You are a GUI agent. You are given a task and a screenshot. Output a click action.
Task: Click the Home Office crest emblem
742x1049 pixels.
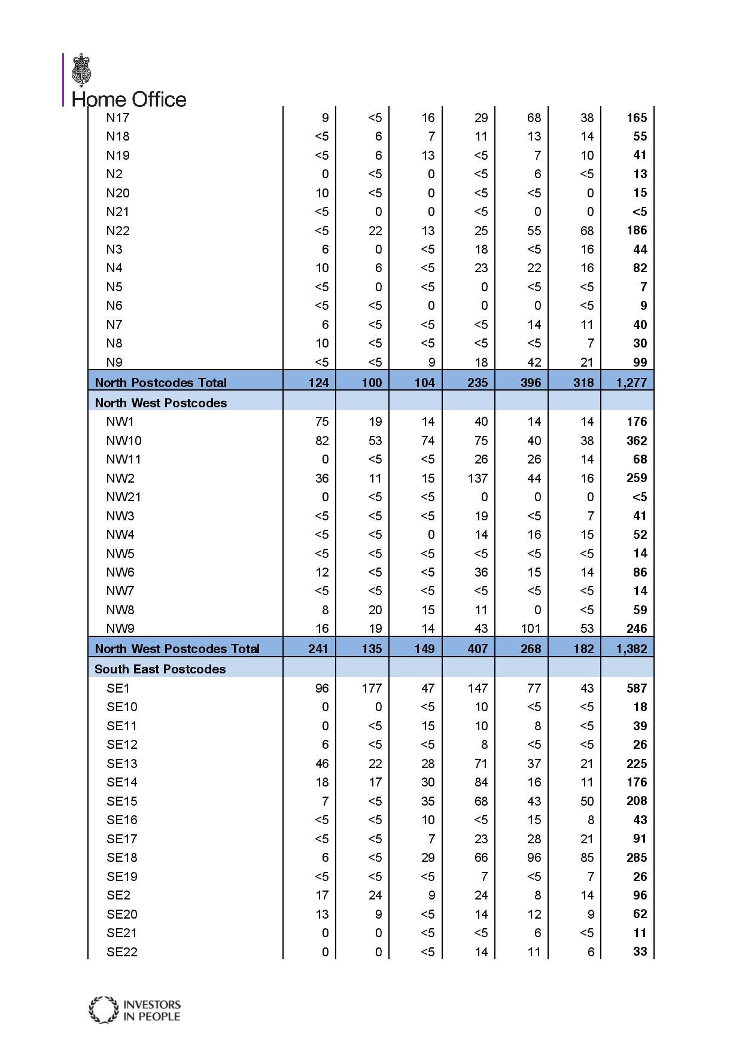pyautogui.click(x=82, y=71)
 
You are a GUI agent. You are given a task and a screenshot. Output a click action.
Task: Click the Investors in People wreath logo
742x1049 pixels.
pyautogui.click(x=104, y=1010)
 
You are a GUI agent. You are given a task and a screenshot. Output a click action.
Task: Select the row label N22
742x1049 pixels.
pyautogui.click(x=118, y=231)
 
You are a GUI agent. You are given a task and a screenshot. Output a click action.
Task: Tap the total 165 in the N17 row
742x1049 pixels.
pyautogui.click(x=637, y=118)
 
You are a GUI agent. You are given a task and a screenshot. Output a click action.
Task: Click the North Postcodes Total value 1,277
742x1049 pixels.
pyautogui.click(x=631, y=383)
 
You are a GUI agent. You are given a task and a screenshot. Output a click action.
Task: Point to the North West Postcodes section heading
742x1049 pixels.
pyautogui.click(x=161, y=403)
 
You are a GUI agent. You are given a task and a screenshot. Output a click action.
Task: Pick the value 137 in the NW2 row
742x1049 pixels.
pyautogui.click(x=478, y=478)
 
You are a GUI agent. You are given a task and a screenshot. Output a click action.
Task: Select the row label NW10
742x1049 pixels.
pyautogui.click(x=124, y=441)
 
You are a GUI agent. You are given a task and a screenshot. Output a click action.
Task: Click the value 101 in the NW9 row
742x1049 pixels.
pyautogui.click(x=531, y=629)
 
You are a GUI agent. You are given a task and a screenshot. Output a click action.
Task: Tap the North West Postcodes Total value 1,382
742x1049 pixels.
pyautogui.click(x=631, y=649)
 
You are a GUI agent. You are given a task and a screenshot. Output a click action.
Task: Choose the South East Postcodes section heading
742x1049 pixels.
pyautogui.click(x=160, y=669)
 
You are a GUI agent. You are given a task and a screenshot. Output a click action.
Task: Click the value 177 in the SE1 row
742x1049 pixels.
pyautogui.click(x=372, y=688)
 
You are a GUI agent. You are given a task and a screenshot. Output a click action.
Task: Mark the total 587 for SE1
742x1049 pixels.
pyautogui.click(x=637, y=688)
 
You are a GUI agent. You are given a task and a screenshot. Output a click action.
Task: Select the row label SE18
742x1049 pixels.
pyautogui.click(x=122, y=858)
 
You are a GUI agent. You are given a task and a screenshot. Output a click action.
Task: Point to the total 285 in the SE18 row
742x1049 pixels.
pyautogui.click(x=637, y=858)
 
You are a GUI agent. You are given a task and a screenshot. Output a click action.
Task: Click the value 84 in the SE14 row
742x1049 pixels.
pyautogui.click(x=481, y=782)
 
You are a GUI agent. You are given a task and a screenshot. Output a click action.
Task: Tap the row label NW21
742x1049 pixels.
pyautogui.click(x=124, y=497)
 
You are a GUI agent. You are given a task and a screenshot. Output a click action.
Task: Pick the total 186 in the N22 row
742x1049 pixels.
pyautogui.click(x=637, y=231)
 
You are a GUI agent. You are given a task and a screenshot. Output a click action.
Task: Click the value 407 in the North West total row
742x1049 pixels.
pyautogui.click(x=478, y=649)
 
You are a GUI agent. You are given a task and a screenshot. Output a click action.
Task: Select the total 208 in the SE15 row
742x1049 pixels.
pyautogui.click(x=637, y=801)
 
